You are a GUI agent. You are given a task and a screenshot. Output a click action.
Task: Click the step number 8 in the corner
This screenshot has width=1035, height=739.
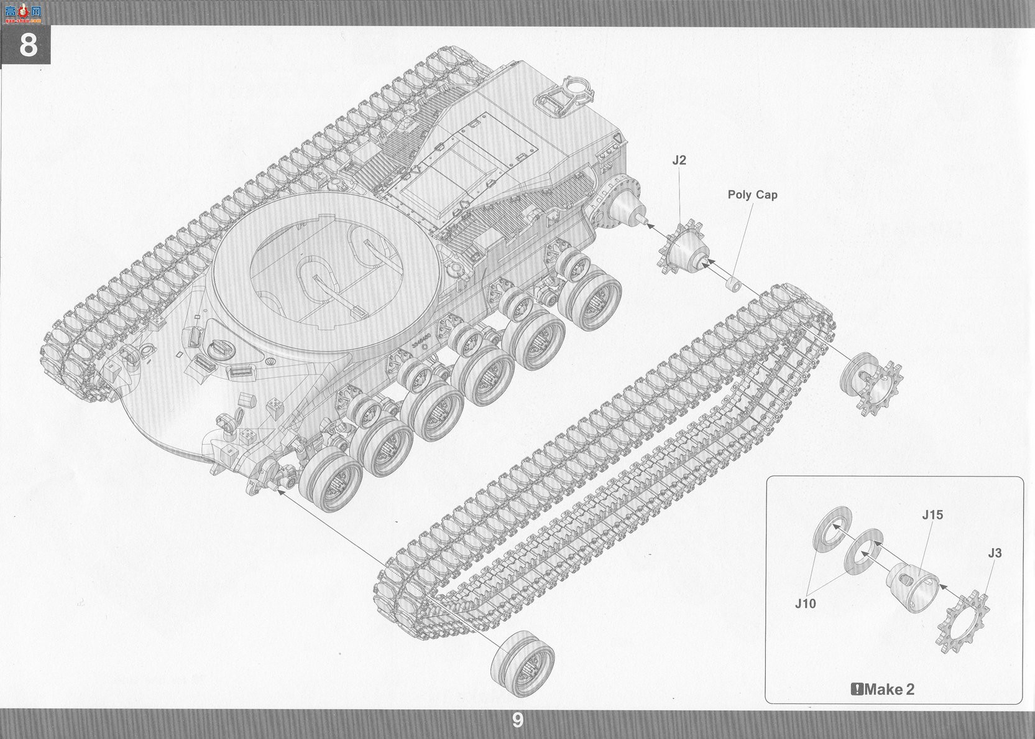pos(28,45)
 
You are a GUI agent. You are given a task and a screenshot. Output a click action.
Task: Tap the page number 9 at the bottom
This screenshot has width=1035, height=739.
pos(517,720)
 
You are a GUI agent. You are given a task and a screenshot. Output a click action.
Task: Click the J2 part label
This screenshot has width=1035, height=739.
pos(679,160)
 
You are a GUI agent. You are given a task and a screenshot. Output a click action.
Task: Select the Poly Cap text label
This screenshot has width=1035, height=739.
pos(752,195)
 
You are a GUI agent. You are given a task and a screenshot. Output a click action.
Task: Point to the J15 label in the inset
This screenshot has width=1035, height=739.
pos(932,514)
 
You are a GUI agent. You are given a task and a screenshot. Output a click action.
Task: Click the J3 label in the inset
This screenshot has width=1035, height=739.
pos(995,553)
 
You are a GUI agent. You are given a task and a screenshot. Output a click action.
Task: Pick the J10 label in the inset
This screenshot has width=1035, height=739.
pos(806,603)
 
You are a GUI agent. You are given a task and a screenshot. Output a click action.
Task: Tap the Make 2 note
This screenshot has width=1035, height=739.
pos(883,689)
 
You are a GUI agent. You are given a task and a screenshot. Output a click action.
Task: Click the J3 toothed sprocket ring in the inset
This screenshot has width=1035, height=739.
pos(962,622)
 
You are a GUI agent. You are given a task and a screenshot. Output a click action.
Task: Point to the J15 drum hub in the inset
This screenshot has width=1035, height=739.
pos(913,588)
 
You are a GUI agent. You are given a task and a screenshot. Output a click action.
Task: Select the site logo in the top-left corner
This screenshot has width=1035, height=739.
pos(23,14)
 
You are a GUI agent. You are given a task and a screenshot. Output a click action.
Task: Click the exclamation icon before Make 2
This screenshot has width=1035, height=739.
pos(857,689)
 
